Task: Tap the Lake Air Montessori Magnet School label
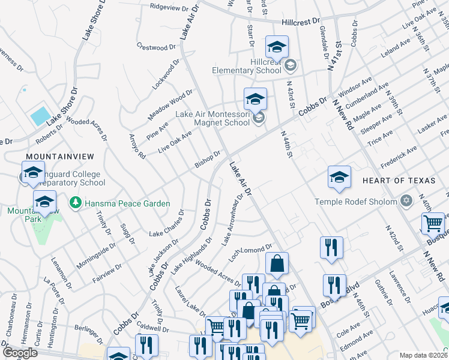click(x=212, y=118)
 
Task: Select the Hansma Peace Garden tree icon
click(x=76, y=203)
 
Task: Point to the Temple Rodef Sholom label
click(x=356, y=202)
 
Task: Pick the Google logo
click(x=20, y=352)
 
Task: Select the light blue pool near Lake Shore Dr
click(x=40, y=115)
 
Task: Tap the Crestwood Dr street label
click(x=156, y=46)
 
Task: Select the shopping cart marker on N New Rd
click(x=433, y=224)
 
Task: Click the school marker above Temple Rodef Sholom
click(x=339, y=177)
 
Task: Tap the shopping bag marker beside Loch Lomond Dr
click(x=277, y=263)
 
